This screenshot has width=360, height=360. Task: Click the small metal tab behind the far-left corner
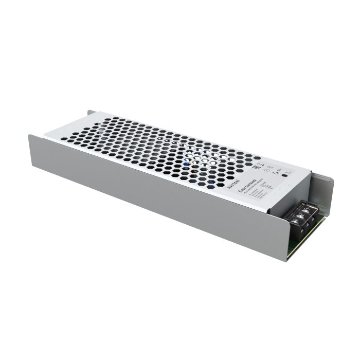90,113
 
